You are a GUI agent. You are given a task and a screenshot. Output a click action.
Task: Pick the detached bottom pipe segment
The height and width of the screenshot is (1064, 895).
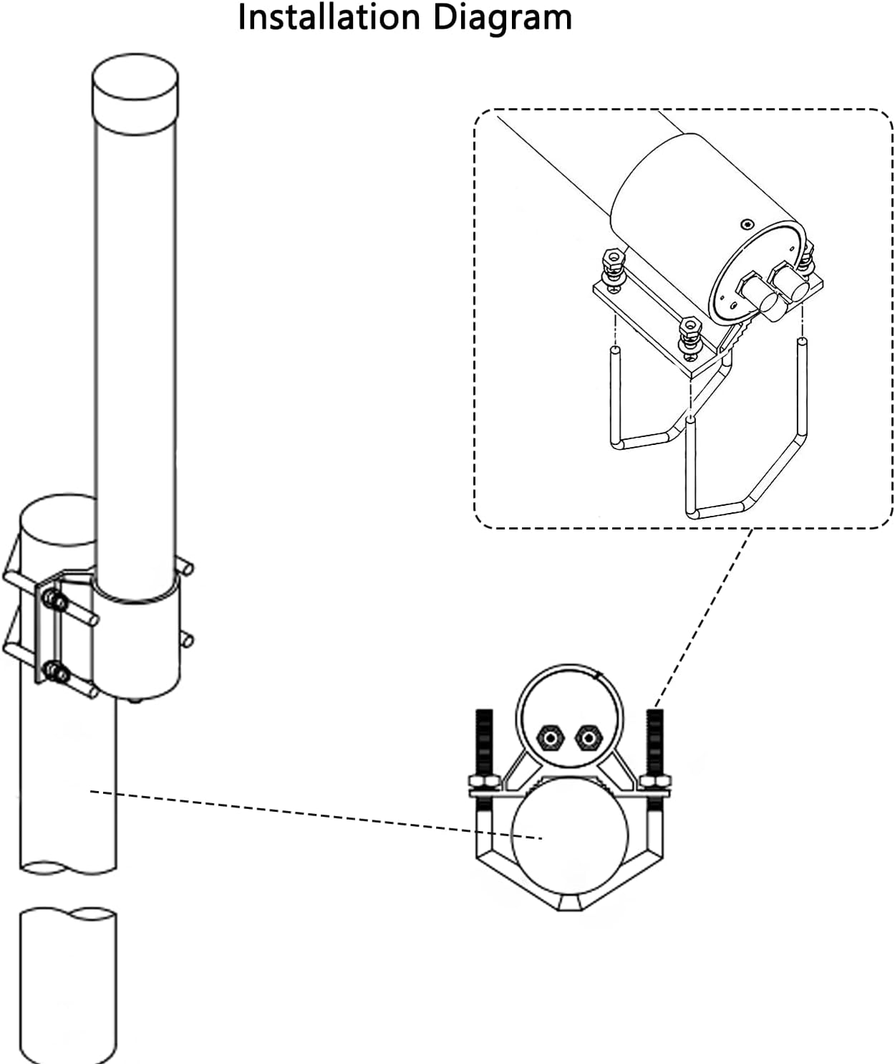tap(67, 985)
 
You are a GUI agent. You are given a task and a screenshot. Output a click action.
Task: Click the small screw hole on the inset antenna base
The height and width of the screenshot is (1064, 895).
tap(748, 225)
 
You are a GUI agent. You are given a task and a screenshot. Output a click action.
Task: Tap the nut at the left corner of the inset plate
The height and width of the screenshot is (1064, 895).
tap(613, 265)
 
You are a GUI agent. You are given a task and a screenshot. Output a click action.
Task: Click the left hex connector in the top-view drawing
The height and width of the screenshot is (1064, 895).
tap(549, 737)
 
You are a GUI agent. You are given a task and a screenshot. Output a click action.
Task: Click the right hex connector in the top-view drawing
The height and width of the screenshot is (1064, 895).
tap(588, 737)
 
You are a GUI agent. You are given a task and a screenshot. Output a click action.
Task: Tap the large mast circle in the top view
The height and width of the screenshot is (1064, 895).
tap(569, 835)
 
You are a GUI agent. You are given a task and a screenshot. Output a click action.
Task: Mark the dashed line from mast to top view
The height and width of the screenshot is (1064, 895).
tap(315, 814)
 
